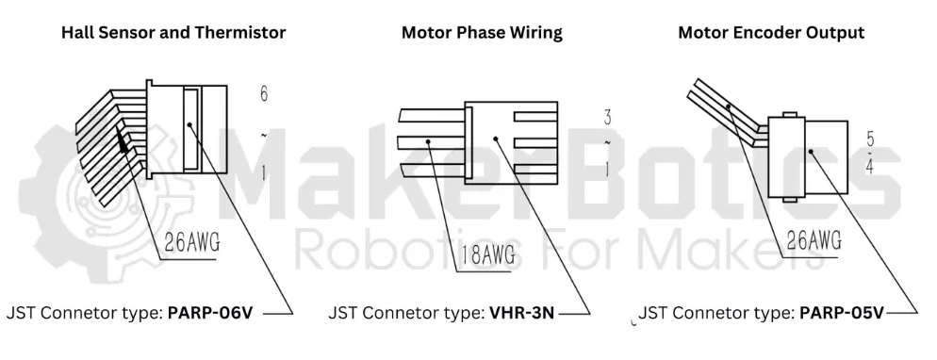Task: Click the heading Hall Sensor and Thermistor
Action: point(173,32)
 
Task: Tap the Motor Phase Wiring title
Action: point(482,32)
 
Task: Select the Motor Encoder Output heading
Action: point(771,32)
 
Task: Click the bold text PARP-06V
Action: point(210,313)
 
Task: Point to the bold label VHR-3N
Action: point(521,313)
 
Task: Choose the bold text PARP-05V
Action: point(841,313)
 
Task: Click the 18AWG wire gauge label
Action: point(487,255)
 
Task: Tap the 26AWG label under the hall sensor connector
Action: point(191,242)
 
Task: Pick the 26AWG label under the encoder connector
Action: point(814,240)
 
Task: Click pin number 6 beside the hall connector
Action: point(264,93)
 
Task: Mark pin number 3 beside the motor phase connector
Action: point(607,117)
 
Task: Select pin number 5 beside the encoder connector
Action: point(870,139)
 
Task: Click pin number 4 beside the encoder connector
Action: point(869,167)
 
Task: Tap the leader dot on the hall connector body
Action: point(189,125)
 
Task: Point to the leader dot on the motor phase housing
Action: point(496,139)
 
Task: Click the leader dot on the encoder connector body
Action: point(811,151)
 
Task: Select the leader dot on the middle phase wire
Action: point(429,141)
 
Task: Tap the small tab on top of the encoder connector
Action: point(789,114)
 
